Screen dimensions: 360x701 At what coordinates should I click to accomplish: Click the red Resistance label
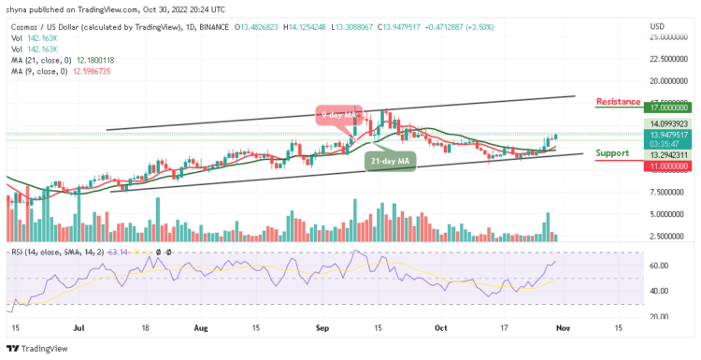618,101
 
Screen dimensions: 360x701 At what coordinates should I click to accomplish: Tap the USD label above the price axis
657,25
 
